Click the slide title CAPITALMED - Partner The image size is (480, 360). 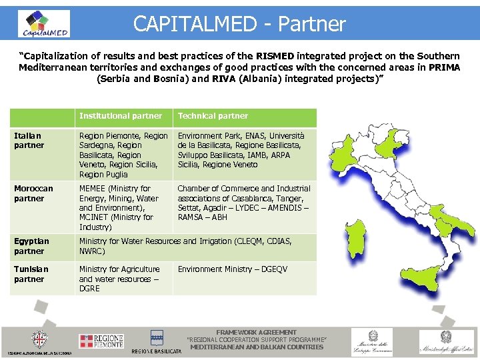click(239, 24)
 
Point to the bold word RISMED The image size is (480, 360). click(276, 55)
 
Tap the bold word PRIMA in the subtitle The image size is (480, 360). click(444, 67)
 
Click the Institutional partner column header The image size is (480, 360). click(121, 116)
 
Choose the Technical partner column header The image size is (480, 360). click(213, 116)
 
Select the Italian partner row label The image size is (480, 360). click(29, 141)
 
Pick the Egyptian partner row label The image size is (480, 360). click(31, 247)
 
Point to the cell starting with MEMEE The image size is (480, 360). click(119, 207)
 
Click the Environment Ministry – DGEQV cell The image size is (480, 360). click(233, 269)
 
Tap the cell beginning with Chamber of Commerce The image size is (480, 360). click(244, 203)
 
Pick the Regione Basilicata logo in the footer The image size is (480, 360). click(157, 341)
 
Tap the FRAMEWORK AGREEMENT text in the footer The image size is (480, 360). click(257, 332)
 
